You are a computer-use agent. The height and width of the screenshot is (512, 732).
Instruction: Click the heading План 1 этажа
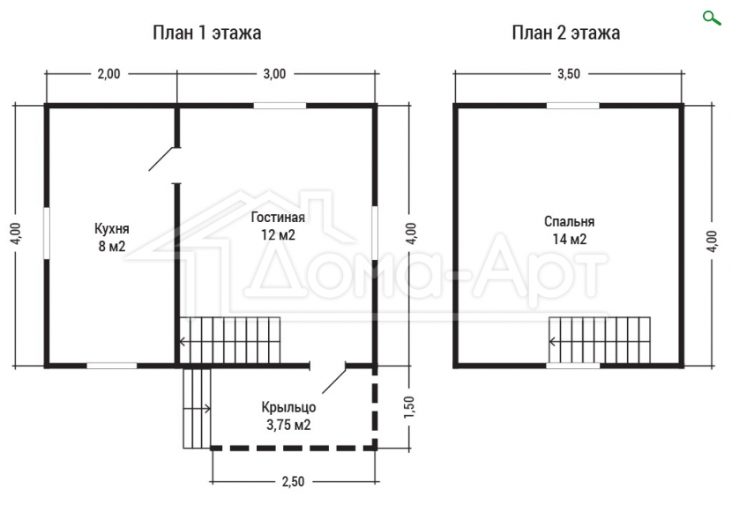pos(206,33)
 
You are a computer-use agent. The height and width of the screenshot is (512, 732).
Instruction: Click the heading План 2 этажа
pos(566,33)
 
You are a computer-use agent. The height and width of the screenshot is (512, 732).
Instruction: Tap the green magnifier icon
pos(712,19)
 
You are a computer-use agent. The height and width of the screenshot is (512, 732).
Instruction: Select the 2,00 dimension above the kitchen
pos(108,74)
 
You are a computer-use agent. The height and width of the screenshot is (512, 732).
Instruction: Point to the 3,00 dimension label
pos(274,74)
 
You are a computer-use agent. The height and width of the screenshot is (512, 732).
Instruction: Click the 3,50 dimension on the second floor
pos(569,74)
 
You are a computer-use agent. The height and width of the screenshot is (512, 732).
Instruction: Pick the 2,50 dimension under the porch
pos(293,481)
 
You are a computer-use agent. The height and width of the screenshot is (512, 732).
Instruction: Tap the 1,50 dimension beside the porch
pos(409,406)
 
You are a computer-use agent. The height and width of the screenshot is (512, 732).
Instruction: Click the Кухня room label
pos(112,229)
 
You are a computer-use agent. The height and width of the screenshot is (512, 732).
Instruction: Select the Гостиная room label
pos(278,218)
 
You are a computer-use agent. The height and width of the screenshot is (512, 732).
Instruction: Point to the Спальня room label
pos(569,221)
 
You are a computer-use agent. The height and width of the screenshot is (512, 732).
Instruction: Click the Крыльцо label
pos(288,407)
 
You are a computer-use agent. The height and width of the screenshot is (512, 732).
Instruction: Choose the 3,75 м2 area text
pos(288,425)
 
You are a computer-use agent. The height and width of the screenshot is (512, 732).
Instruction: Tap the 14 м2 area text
pos(569,239)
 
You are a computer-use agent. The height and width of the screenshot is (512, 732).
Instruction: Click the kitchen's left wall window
pos(46,233)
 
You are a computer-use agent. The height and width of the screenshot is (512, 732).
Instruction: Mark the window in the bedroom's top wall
pos(572,106)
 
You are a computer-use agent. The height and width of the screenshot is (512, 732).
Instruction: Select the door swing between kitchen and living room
pos(162,159)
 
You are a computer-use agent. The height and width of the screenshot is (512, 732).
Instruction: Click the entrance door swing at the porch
pos(334,378)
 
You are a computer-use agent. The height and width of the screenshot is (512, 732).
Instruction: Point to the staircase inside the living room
pos(229,341)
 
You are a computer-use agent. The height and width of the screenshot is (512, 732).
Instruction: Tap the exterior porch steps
pos(197,409)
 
